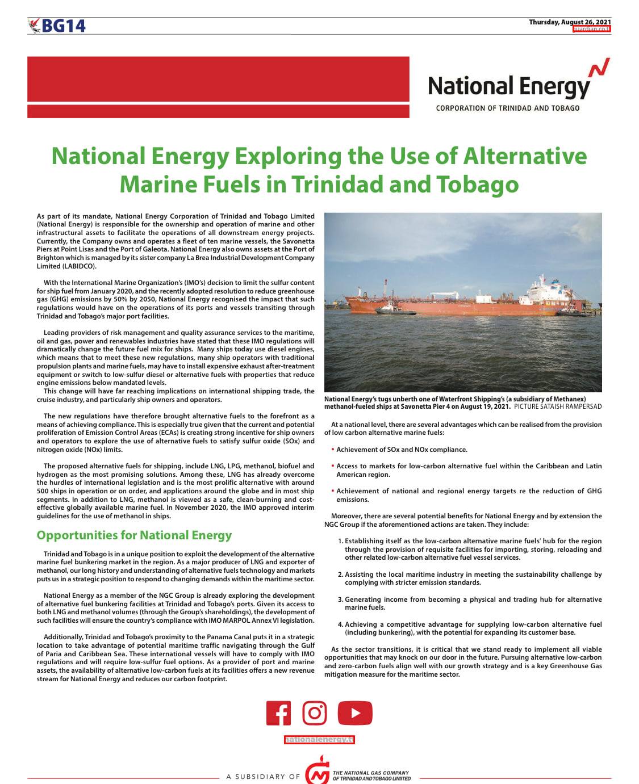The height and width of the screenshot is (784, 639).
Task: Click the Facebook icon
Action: [278, 714]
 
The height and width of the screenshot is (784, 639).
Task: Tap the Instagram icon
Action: [314, 713]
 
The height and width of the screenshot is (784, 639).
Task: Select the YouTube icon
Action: [355, 714]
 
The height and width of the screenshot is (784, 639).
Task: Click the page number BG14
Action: [63, 26]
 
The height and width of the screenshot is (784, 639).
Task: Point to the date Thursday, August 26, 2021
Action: [570, 22]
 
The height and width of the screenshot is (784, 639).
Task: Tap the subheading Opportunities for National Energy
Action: [134, 535]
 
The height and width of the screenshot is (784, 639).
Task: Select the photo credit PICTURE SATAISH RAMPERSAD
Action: [557, 407]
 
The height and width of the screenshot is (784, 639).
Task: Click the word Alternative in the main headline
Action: [525, 156]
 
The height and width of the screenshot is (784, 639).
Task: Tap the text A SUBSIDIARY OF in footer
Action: [263, 777]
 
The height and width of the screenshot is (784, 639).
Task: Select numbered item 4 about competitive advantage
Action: [473, 628]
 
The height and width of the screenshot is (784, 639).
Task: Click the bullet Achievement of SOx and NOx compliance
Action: [402, 450]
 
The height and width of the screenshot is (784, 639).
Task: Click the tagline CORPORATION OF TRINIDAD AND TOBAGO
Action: [508, 108]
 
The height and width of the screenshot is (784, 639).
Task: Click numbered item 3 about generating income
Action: [473, 603]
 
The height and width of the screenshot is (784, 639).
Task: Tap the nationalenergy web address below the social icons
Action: [319, 740]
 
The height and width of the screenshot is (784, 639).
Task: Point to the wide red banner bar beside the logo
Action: [218, 87]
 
